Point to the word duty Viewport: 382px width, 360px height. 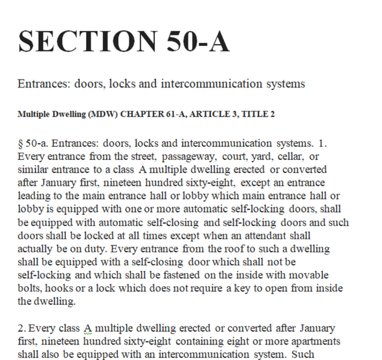103,249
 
